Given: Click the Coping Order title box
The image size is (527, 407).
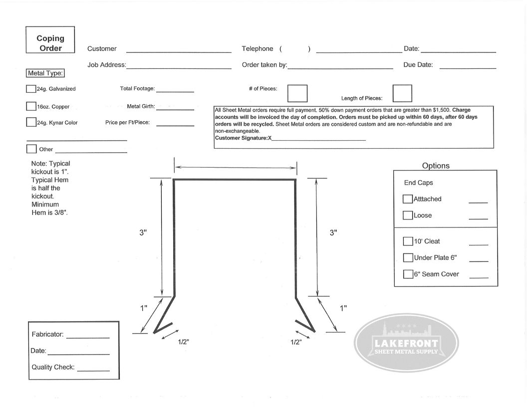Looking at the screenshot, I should pos(50,40).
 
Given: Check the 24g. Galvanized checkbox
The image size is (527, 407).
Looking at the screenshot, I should pos(31,89).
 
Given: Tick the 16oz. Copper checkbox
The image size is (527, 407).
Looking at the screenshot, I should pos(31,106).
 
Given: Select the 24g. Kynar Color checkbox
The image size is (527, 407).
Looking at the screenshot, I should pos(31,122).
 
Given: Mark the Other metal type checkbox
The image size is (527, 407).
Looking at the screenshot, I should pos(31,149).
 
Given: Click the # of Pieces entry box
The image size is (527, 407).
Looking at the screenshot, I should pos(298,93).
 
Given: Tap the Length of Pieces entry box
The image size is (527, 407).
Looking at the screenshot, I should pos(402,93).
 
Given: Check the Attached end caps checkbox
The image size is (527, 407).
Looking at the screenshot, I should pos(408,199).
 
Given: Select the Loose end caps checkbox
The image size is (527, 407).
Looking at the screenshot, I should pos(408,215).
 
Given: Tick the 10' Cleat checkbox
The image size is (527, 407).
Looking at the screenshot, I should pos(408,241).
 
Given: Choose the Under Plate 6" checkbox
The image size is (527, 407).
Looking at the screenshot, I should pos(408,258).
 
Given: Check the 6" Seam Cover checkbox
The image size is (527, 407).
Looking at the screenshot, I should pos(408,274).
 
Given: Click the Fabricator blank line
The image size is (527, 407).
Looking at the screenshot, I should pos(88,338).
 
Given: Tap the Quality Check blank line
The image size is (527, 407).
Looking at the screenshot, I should pos(93,371).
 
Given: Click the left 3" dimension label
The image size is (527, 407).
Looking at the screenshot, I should pos(143,232).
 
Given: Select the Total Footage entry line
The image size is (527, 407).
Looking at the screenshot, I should pos(175,92).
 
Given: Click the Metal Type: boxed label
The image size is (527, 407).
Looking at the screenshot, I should pos(45,73).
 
